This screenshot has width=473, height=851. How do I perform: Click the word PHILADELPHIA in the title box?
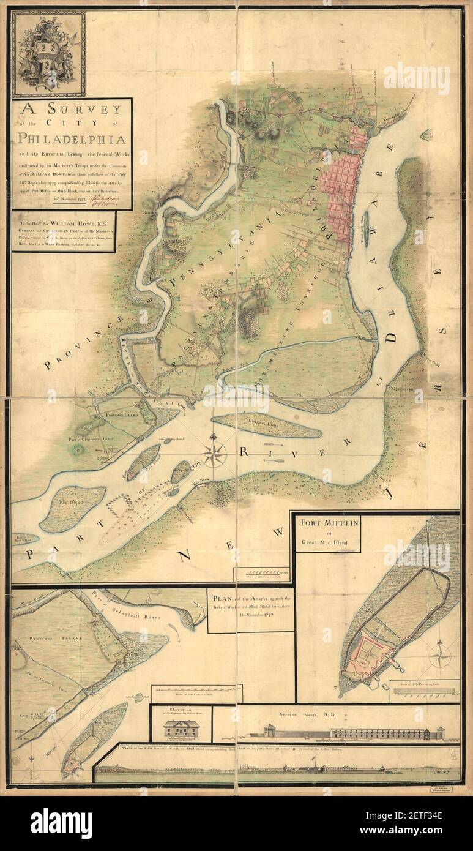[x=72, y=139]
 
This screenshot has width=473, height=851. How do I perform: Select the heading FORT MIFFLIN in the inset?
[x=327, y=523]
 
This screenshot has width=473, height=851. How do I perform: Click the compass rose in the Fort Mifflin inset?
[x=440, y=656]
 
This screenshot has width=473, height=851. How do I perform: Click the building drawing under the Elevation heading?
[x=181, y=730]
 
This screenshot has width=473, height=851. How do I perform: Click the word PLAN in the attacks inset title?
[x=222, y=599]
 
